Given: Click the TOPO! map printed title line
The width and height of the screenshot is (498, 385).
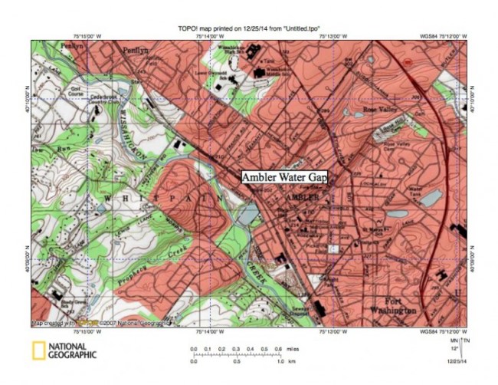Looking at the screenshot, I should [248, 26].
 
